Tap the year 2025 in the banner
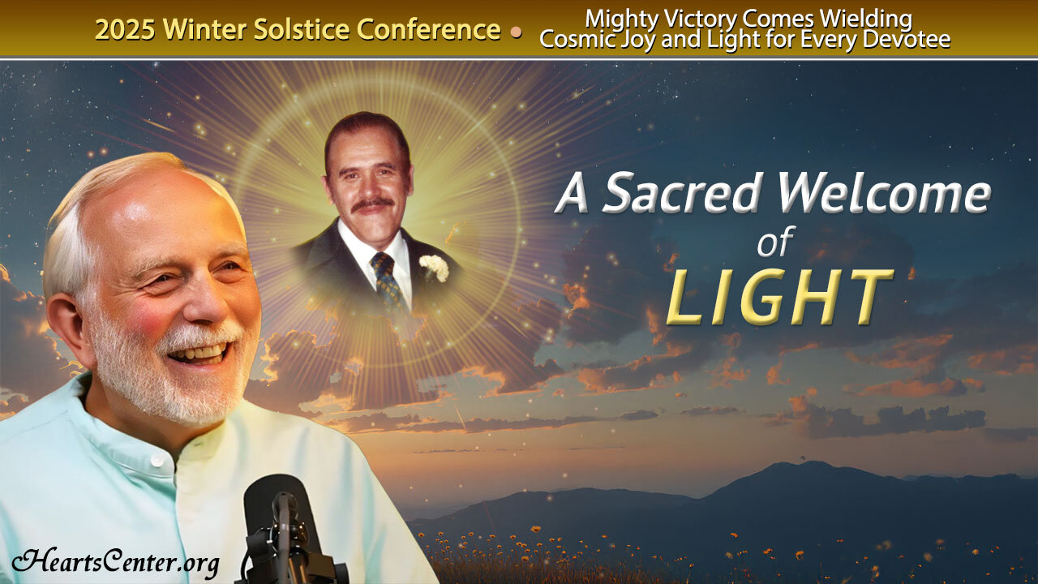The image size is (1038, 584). (126, 30)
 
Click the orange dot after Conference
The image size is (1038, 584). (516, 32)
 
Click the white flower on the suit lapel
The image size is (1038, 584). (434, 265)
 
